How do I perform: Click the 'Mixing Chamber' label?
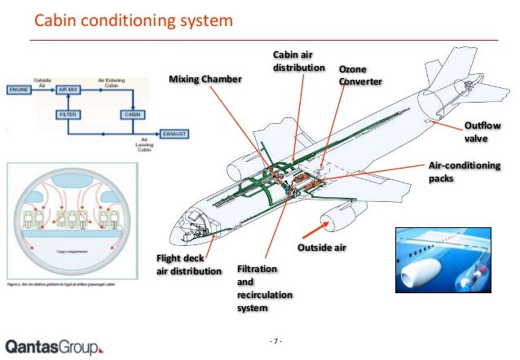[x=205, y=79]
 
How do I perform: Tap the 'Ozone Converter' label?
[x=359, y=76]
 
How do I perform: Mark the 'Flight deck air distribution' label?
[x=187, y=265]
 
